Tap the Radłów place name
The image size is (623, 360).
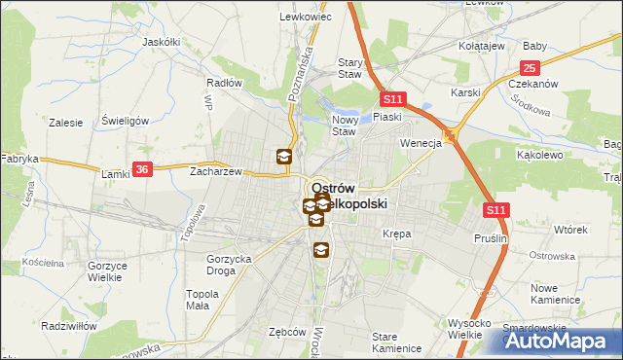point(224,83)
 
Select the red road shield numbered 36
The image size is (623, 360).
point(142,168)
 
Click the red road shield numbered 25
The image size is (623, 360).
point(530,68)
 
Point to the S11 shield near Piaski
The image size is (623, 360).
point(392,99)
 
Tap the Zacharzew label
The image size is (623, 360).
point(215,170)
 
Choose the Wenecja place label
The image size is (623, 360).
point(421,143)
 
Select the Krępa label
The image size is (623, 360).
point(396,234)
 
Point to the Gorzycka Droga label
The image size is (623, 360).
point(230,265)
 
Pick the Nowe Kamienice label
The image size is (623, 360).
point(556,294)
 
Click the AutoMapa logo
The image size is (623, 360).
point(562,342)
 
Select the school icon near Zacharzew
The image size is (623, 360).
point(283,157)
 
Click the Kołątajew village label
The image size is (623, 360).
point(482,45)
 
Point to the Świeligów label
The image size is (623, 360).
point(125,121)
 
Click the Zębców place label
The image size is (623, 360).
point(287,331)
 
